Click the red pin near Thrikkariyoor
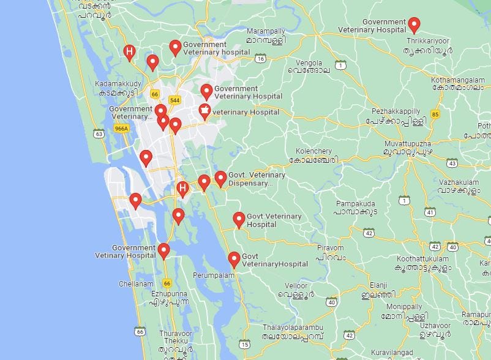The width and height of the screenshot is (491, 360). pos(414,24)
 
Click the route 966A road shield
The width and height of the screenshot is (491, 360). pos(121,129)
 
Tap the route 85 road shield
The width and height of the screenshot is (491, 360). pos(435,114)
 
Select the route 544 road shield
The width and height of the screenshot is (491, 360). pos(174,100)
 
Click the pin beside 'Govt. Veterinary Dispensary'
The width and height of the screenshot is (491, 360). pos(220,178)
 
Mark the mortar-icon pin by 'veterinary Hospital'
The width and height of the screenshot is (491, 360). pos(204,111)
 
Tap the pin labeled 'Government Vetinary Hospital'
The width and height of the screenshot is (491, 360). pos(163,250)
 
